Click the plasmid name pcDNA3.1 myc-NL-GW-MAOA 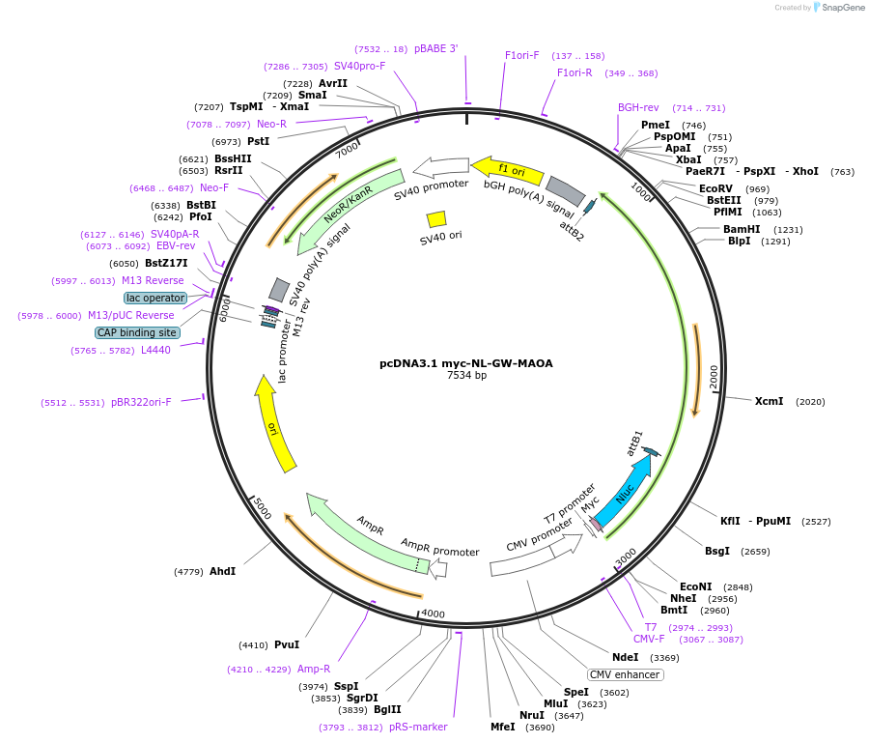click(466, 363)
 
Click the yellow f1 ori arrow click(507, 170)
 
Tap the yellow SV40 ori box click(436, 219)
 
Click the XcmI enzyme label click(769, 401)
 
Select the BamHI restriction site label click(742, 229)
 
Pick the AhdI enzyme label click(222, 571)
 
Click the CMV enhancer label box click(625, 674)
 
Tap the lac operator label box click(155, 298)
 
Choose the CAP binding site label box click(137, 332)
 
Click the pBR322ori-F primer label click(141, 402)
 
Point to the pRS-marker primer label click(418, 727)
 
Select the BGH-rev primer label click(638, 107)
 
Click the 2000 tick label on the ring click(714, 378)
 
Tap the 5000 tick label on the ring click(262, 508)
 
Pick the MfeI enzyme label click(503, 727)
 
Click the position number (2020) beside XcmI click(810, 402)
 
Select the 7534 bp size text click(466, 376)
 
